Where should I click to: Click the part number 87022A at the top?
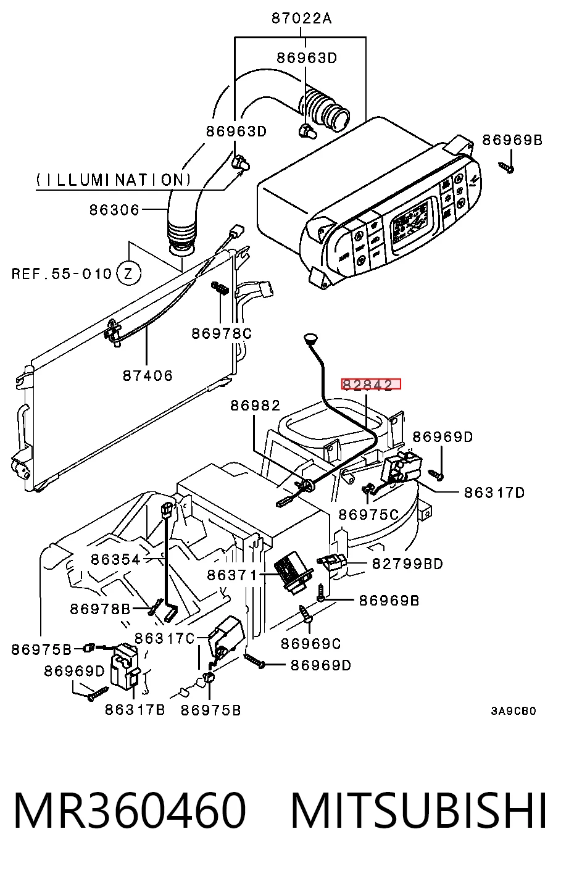302,19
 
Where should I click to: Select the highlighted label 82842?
371,384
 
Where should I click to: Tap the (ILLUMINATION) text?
114,180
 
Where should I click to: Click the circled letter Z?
129,273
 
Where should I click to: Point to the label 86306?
114,210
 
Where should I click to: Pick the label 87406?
148,375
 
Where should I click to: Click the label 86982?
256,406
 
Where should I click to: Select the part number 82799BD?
407,564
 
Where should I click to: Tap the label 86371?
232,575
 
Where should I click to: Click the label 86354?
116,559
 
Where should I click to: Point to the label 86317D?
494,493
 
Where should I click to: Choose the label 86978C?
222,333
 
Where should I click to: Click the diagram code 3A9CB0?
513,710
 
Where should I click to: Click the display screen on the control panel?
412,223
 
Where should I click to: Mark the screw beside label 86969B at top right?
507,167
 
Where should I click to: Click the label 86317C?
165,638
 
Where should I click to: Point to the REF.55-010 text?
62,273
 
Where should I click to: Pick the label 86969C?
310,644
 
